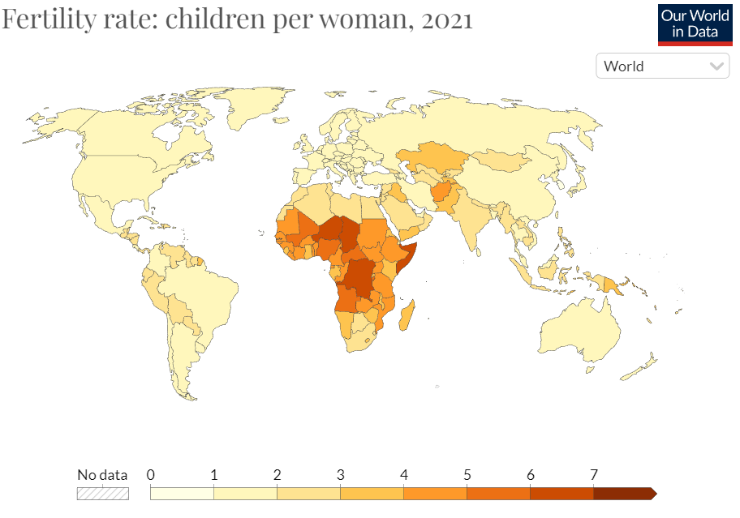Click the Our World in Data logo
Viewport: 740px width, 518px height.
point(695,24)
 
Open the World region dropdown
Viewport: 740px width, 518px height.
point(663,66)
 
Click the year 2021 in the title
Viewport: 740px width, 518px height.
point(446,19)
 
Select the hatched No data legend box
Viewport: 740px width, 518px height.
point(102,493)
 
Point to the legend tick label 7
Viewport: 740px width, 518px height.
point(593,475)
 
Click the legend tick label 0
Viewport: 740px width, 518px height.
point(151,475)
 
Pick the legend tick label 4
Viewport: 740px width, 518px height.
point(403,475)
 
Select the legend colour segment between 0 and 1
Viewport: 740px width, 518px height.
point(182,493)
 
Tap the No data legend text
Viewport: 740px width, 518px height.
point(102,475)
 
